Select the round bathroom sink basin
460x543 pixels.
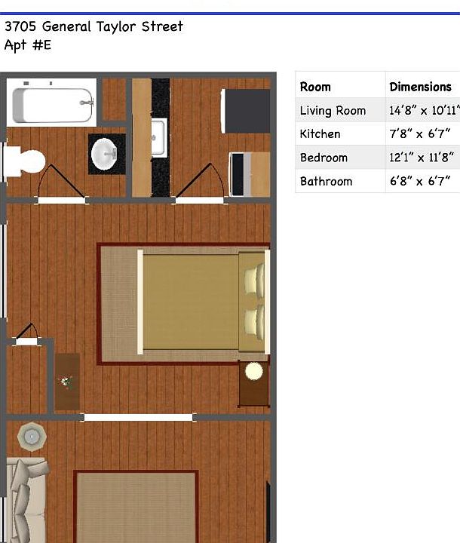pos(104,154)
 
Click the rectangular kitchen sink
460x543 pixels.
pos(159,137)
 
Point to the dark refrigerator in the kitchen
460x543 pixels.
pos(246,111)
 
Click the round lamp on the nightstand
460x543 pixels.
pos(254,371)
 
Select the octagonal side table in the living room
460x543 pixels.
pos(32,437)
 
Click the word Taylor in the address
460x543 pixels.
pos(115,26)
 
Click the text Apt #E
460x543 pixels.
pos(28,45)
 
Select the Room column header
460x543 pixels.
pos(315,87)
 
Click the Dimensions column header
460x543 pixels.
pos(420,87)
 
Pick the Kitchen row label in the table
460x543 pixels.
pos(320,134)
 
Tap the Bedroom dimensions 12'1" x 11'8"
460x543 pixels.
pos(422,158)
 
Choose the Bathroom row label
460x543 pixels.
pos(326,181)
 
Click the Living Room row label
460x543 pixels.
pos(333,110)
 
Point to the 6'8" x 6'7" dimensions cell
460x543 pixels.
pos(420,181)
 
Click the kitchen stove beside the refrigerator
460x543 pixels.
pos(250,174)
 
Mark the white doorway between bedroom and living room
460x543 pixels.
pos(138,417)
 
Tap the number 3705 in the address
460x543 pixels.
pos(20,26)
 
